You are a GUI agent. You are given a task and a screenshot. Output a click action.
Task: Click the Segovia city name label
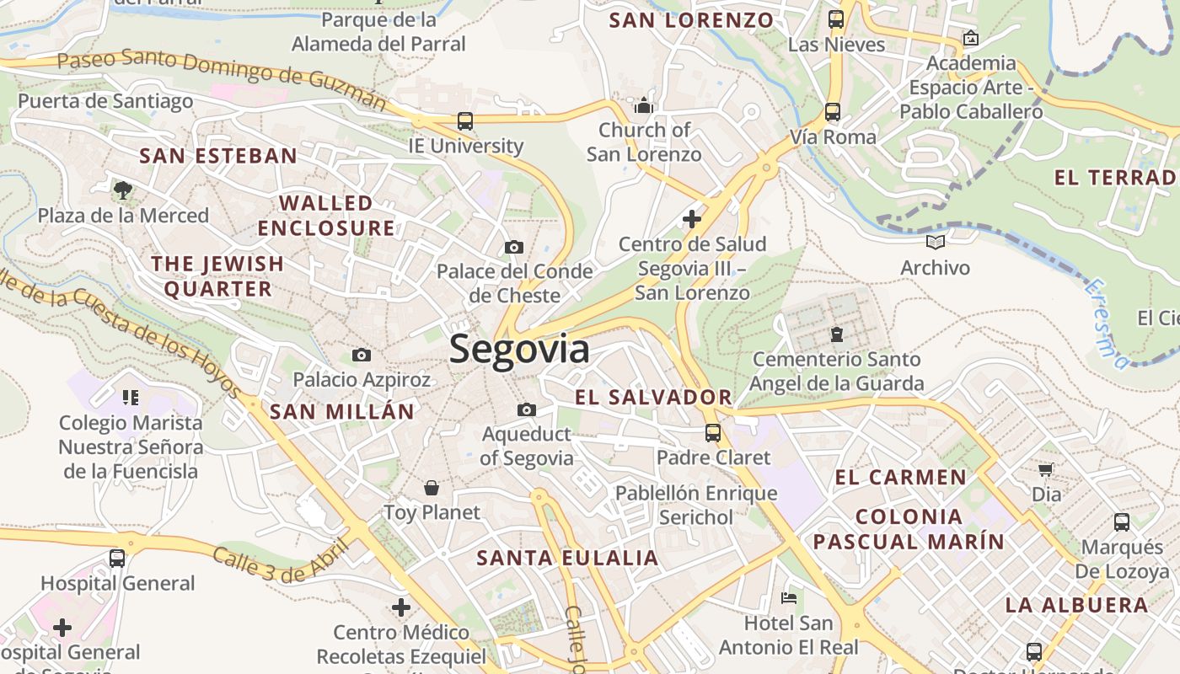518,349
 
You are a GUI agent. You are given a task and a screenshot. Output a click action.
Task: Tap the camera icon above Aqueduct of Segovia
527,409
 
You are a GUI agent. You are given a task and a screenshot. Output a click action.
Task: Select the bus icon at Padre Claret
713,433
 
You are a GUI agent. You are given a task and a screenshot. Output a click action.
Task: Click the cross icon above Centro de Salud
691,219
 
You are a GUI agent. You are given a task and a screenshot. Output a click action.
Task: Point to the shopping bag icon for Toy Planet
432,488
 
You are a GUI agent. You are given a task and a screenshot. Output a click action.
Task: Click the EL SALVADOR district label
653,397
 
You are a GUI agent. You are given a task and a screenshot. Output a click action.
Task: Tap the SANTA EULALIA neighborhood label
567,558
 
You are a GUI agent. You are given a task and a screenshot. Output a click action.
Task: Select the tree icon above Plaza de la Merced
123,190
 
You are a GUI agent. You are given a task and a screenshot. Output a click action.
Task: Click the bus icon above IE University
465,120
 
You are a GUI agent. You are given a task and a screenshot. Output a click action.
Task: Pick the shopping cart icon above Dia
1046,469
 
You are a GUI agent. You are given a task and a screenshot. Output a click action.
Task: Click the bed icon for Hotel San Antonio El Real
789,598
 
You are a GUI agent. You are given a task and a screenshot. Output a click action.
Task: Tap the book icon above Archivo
935,243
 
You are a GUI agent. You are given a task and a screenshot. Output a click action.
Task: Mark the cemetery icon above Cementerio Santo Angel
837,334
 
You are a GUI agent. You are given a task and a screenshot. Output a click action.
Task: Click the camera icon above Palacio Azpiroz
362,355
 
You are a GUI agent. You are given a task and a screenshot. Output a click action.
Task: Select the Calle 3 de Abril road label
280,564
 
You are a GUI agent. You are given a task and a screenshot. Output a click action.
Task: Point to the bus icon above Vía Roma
833,111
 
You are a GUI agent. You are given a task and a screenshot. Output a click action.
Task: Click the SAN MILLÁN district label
342,412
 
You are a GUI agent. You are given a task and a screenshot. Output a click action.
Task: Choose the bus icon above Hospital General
117,558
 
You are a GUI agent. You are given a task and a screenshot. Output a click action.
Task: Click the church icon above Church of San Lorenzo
644,105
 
